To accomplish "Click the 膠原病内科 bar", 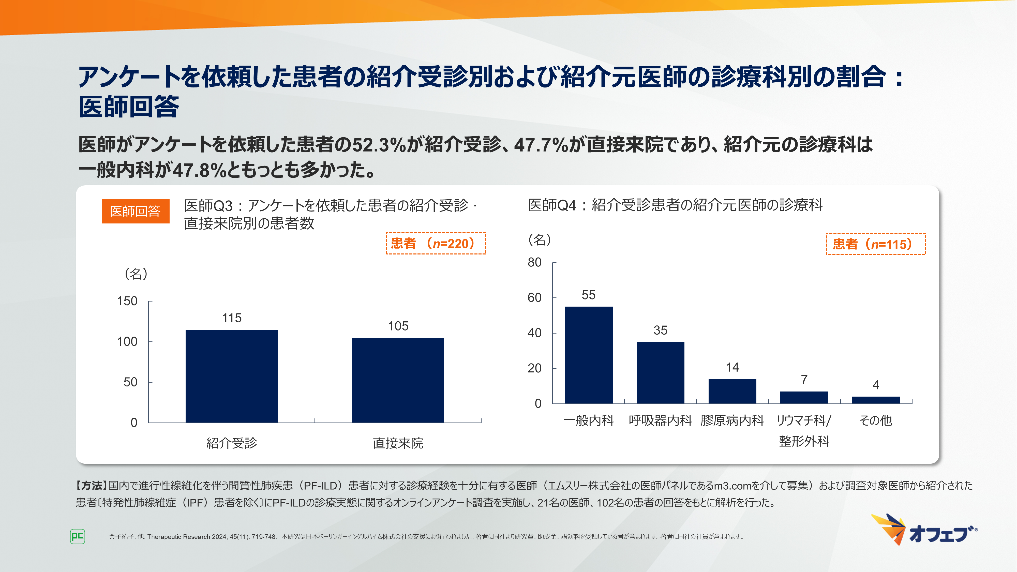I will [732, 391].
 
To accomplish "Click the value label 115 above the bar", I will [232, 318].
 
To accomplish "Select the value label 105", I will [398, 326].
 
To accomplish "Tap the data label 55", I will [588, 295].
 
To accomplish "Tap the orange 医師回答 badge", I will [136, 211].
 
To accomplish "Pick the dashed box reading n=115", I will [875, 244].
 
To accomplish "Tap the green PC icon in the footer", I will [77, 536].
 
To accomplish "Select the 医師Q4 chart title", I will [675, 205].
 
